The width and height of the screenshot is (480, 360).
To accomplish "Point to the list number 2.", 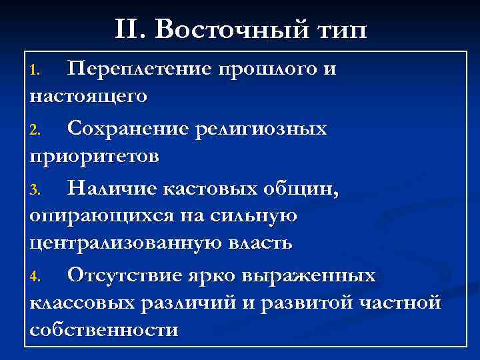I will (37, 130).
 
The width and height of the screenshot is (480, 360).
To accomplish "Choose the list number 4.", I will (37, 277).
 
